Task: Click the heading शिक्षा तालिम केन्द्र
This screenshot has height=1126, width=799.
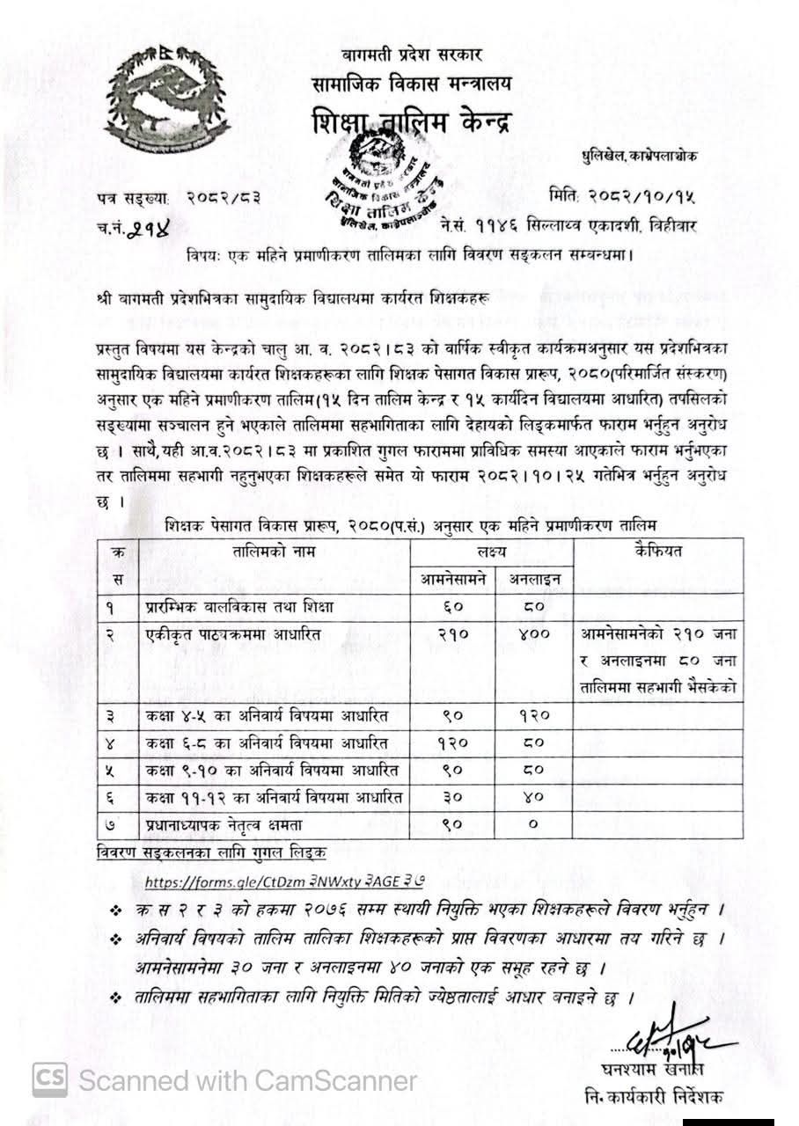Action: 410,123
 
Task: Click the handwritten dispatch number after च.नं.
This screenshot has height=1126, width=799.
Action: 149,230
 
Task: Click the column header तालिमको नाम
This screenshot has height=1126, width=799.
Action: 274,552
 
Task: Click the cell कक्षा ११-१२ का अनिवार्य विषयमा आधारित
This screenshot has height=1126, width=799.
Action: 274,798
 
